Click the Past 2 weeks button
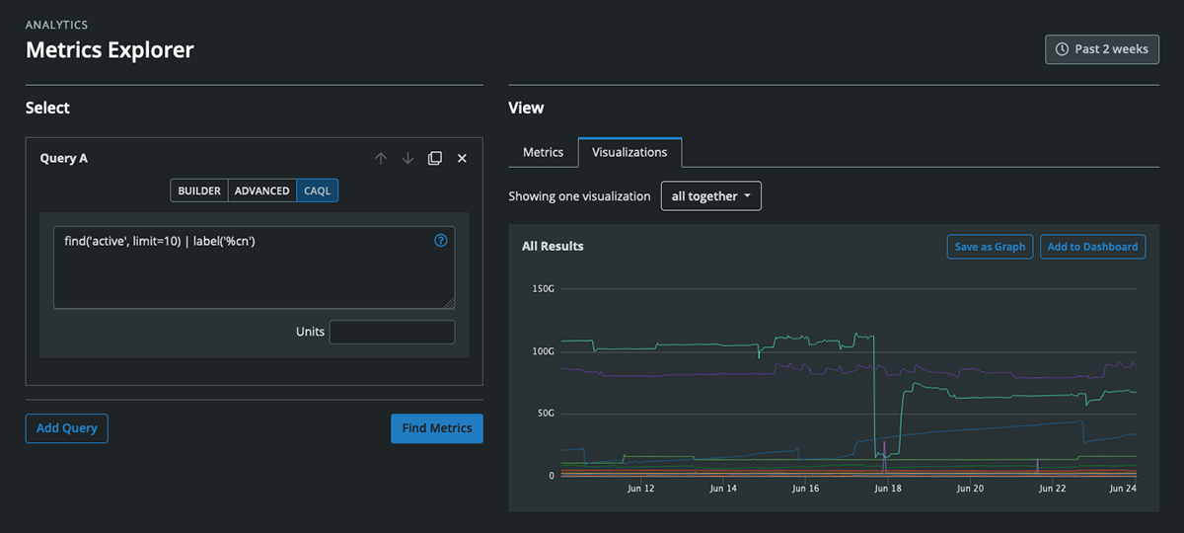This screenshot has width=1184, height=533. click(x=1102, y=49)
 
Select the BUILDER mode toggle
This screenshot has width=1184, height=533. click(x=199, y=190)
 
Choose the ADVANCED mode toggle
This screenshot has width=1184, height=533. click(x=261, y=190)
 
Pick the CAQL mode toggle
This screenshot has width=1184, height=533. click(x=317, y=190)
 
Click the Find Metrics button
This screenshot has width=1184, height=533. click(x=437, y=428)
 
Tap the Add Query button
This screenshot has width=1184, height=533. click(x=66, y=428)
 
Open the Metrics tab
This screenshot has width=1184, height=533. click(x=543, y=152)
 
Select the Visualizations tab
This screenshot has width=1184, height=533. click(x=629, y=152)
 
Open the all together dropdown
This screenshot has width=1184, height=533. click(x=710, y=196)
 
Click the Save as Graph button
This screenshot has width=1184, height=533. click(x=990, y=247)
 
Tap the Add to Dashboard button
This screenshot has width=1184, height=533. click(x=1092, y=247)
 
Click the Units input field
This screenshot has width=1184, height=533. click(x=392, y=333)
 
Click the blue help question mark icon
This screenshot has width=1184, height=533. click(x=441, y=240)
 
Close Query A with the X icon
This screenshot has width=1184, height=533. click(x=462, y=158)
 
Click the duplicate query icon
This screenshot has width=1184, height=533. click(x=435, y=158)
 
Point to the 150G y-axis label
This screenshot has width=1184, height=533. click(x=543, y=289)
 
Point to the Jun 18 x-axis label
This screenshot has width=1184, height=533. click(x=888, y=489)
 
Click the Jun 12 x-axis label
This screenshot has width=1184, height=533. click(x=640, y=489)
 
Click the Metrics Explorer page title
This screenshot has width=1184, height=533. click(x=110, y=49)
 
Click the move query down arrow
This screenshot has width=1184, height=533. click(x=407, y=158)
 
